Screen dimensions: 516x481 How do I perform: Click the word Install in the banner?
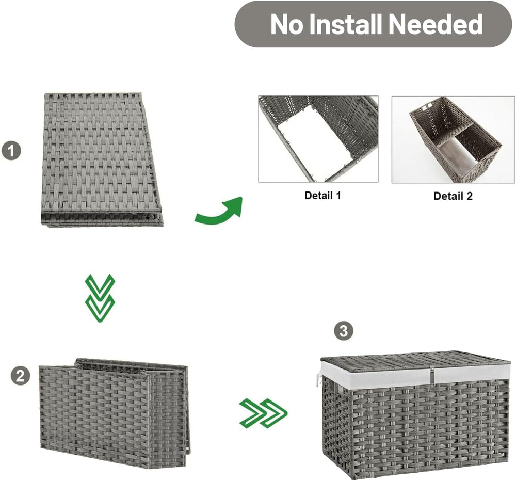[347, 24]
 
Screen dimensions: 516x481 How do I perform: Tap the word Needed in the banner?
[436, 24]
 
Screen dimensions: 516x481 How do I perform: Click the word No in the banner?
[286, 25]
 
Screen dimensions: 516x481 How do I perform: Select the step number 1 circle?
[11, 151]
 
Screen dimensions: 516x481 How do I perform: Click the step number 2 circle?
[21, 376]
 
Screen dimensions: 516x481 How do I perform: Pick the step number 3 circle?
[344, 331]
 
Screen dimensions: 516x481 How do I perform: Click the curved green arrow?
[219, 212]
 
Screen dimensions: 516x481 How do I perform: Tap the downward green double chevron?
[100, 298]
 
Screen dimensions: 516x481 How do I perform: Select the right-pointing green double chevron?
[264, 413]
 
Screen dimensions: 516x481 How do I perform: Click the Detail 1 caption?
[323, 196]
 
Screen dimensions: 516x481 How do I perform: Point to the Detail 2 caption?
[453, 196]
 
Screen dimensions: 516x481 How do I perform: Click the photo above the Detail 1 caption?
[318, 139]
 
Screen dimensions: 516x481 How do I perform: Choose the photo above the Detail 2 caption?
[453, 139]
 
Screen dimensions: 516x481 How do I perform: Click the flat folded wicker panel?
[102, 159]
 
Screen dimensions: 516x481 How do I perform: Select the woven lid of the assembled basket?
[415, 361]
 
